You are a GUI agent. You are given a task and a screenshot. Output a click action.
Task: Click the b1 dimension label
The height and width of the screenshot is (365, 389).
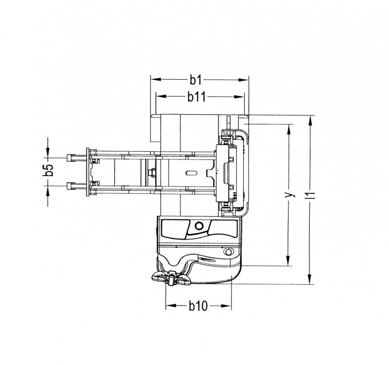coord(196,80)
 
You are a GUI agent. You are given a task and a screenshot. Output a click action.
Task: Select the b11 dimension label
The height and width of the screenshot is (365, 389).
coord(197,97)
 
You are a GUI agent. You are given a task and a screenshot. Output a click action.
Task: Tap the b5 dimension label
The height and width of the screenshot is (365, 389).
coord(48,170)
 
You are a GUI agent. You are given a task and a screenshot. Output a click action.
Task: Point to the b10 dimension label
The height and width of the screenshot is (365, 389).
coord(198,306)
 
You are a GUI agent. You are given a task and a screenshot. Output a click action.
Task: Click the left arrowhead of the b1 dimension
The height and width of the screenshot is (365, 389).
coord(156,80)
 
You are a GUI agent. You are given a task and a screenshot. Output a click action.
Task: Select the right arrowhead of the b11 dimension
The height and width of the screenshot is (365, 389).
coord(239,97)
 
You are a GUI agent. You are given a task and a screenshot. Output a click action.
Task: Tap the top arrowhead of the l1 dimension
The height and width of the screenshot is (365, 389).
coord(310,122)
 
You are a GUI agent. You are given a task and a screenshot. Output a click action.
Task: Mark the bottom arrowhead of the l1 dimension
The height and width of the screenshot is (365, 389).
coord(310,279)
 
